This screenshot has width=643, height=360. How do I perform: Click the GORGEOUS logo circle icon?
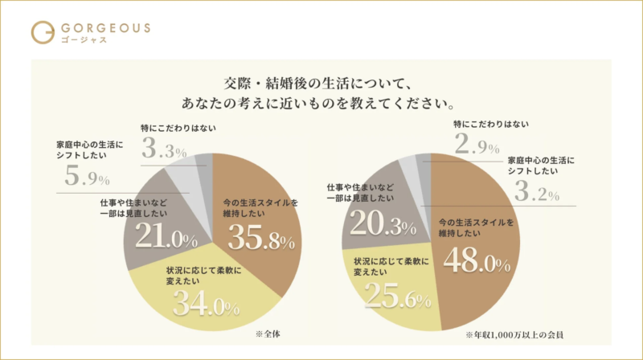pyautogui.click(x=43, y=31)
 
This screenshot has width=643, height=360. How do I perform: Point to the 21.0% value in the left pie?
pyautogui.click(x=166, y=239)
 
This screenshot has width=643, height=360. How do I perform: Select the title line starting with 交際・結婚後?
pyautogui.click(x=320, y=81)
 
